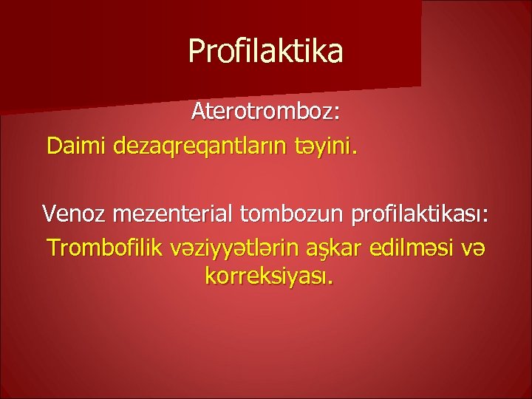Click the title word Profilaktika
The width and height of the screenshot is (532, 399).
265,51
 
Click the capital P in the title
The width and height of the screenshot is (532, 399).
197,50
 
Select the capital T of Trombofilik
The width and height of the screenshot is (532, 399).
52,246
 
